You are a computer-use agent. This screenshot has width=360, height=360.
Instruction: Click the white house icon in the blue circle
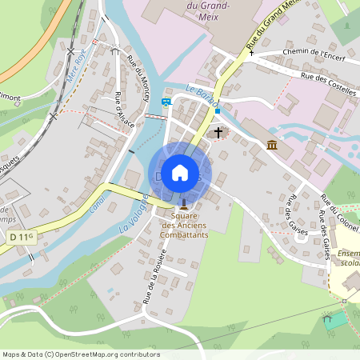pos(180,173)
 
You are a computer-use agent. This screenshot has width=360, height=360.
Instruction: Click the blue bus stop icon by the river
pos(166,102)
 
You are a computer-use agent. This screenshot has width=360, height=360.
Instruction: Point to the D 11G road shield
pos(22,237)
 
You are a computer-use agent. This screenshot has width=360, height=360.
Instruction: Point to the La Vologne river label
pos(134,212)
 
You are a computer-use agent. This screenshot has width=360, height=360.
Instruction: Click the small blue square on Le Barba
pos(217,111)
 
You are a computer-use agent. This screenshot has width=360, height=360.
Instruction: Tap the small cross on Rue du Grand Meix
pos(251,62)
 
